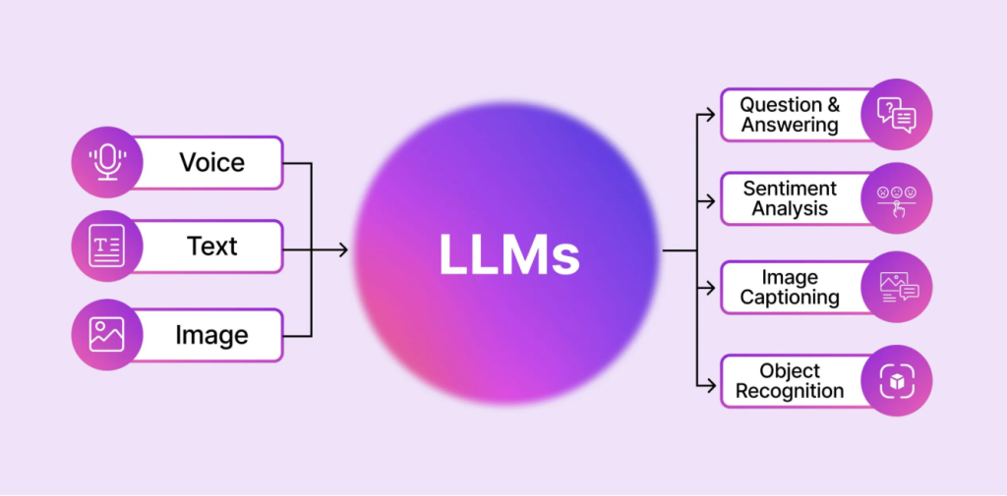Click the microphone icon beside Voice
coord(106,162)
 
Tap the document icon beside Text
coord(106,246)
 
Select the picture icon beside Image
coord(106,334)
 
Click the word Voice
coord(211,162)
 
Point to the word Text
coord(212,246)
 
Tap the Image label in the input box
coord(211,335)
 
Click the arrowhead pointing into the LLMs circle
coord(343,250)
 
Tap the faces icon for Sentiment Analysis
coord(896,198)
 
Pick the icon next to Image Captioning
coord(896,288)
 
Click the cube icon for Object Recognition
coord(896,380)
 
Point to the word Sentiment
coord(790,188)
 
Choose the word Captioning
coord(790,298)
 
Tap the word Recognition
coord(790,391)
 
